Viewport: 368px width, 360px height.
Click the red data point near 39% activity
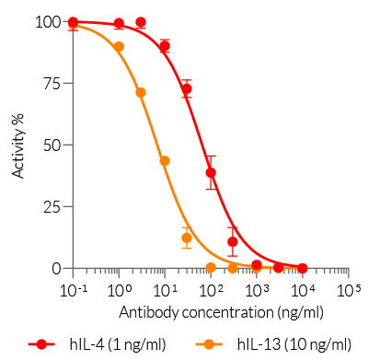pyautogui.click(x=211, y=172)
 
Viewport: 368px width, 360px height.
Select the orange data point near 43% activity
pyautogui.click(x=165, y=161)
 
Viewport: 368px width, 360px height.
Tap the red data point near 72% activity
pyautogui.click(x=187, y=89)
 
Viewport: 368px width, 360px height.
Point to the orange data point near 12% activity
pyautogui.click(x=187, y=238)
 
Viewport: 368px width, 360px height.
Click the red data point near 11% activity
pyautogui.click(x=233, y=241)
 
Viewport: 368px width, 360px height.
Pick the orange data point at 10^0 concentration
pyautogui.click(x=119, y=46)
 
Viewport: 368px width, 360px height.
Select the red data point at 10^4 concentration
pyautogui.click(x=303, y=267)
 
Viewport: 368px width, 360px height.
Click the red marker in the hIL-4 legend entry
pyautogui.click(x=42, y=344)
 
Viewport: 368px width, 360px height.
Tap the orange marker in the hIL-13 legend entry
pyautogui.click(x=210, y=344)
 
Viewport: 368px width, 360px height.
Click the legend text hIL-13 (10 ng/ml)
pyautogui.click(x=293, y=344)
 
